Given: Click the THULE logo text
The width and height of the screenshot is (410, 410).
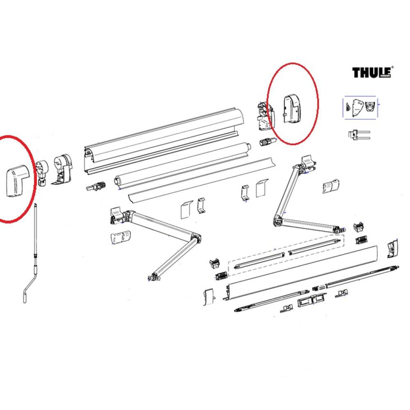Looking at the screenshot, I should pyautogui.click(x=371, y=73).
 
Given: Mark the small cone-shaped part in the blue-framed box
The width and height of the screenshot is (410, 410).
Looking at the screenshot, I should pyautogui.click(x=348, y=106).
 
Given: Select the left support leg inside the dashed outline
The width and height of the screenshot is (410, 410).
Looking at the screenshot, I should pyautogui.click(x=258, y=260).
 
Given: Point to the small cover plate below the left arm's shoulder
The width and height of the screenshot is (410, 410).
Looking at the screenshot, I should pyautogui.click(x=120, y=238).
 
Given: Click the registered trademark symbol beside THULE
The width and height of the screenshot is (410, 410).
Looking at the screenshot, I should pyautogui.click(x=392, y=68).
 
